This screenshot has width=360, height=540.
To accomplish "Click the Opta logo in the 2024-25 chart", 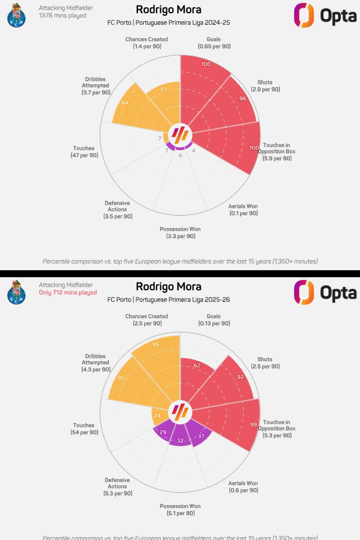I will [325, 16].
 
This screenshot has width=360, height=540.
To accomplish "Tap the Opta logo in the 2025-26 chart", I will [325, 292].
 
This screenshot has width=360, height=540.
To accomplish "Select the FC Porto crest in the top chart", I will [16, 15].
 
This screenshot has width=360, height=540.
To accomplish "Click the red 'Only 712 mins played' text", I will [68, 292].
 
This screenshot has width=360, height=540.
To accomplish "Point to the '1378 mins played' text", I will [62, 15].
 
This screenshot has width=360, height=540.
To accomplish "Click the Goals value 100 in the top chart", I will [206, 64].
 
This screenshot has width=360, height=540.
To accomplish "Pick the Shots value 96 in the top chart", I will [243, 98].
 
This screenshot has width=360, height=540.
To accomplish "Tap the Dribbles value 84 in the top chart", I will [125, 103].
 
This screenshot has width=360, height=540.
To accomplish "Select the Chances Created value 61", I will [164, 89].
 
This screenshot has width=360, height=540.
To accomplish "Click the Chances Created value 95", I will [156, 344].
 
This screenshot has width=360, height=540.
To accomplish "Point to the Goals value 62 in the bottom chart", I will [197, 365].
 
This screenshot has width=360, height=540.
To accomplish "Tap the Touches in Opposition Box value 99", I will [253, 424].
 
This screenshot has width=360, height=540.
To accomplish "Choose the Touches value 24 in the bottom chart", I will [157, 416].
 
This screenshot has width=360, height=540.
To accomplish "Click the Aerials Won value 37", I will [201, 436].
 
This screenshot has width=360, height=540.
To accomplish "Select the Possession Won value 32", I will [180, 440].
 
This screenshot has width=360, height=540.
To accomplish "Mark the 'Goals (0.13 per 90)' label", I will [214, 320].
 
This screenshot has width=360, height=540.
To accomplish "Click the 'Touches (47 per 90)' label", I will [84, 152].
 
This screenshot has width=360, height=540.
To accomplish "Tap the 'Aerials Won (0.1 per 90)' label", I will [243, 210].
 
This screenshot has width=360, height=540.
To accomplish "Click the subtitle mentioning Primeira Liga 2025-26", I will [168, 300].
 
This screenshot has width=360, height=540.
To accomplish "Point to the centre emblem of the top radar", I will [180, 135].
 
